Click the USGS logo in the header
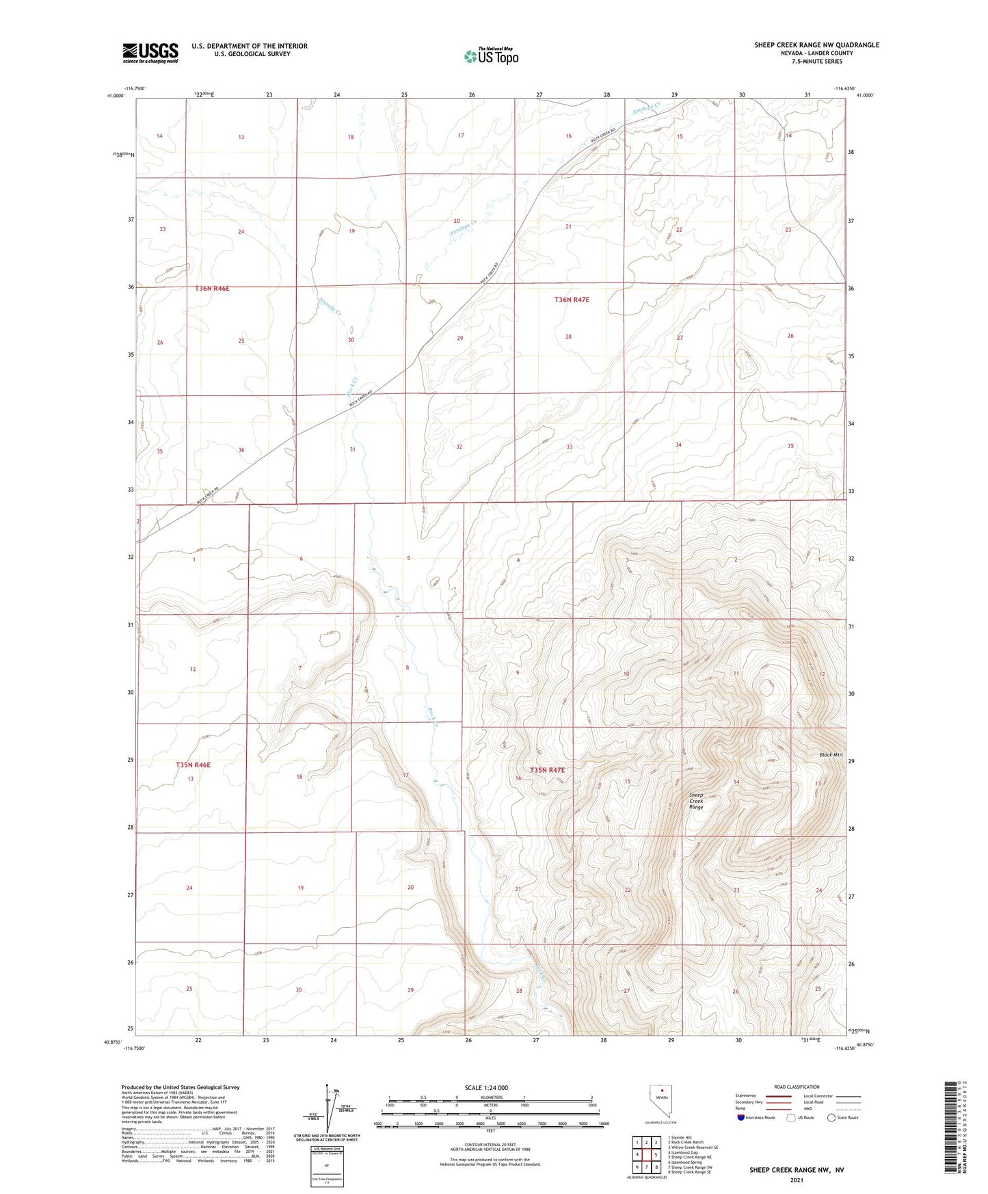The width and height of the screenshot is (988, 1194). click(150, 53)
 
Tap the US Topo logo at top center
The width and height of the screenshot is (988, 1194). click(491, 56)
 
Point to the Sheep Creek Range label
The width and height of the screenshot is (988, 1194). click(696, 801)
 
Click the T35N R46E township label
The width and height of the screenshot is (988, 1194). click(193, 765)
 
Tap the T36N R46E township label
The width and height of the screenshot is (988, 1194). click(212, 289)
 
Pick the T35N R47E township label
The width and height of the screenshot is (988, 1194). click(547, 770)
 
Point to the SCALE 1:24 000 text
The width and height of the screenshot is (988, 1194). click(486, 1087)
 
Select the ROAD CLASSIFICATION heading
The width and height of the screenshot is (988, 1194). click(797, 1087)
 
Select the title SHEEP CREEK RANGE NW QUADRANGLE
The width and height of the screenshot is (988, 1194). click(816, 45)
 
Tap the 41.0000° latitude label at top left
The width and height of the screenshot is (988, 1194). click(116, 96)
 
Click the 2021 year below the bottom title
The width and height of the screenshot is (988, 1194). click(796, 1180)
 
